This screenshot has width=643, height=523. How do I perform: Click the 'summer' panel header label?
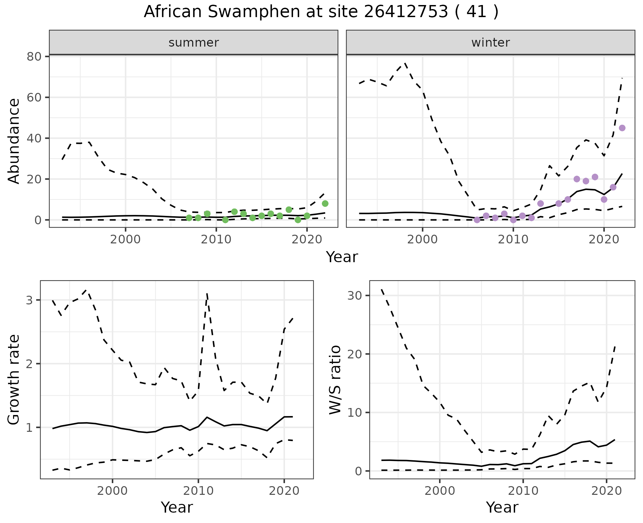pyautogui.click(x=194, y=43)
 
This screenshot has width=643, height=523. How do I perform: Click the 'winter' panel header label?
pyautogui.click(x=491, y=43)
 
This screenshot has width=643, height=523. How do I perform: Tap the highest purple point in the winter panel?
pyautogui.click(x=622, y=128)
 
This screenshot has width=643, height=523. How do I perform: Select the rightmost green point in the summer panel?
pyautogui.click(x=325, y=204)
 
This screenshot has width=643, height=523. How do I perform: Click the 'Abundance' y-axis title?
pyautogui.click(x=14, y=141)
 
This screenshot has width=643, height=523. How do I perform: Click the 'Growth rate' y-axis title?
pyautogui.click(x=14, y=380)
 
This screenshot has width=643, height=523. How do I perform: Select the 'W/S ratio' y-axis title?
pyautogui.click(x=335, y=380)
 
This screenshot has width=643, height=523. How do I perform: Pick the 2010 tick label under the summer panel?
pyautogui.click(x=216, y=240)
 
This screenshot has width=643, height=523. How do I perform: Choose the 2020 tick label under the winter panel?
pyautogui.click(x=604, y=240)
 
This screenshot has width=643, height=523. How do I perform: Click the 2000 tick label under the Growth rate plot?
pyautogui.click(x=112, y=491)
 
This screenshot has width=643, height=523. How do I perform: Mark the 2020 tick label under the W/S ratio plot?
pyautogui.click(x=606, y=491)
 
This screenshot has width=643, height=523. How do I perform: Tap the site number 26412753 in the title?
pyautogui.click(x=406, y=12)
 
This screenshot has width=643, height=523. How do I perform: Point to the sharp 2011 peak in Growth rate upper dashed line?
pyautogui.click(x=207, y=294)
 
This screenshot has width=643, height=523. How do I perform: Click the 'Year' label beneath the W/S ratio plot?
pyautogui.click(x=502, y=508)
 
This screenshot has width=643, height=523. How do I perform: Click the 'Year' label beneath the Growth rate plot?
pyautogui.click(x=177, y=508)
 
